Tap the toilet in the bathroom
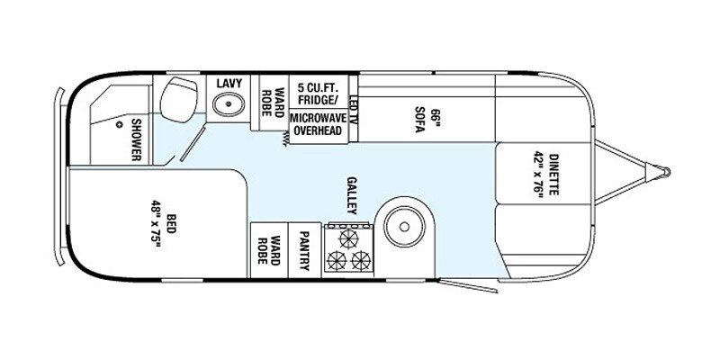(x=179, y=96)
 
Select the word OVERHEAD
(x=316, y=131)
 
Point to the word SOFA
(x=419, y=122)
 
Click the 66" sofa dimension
(x=433, y=118)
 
